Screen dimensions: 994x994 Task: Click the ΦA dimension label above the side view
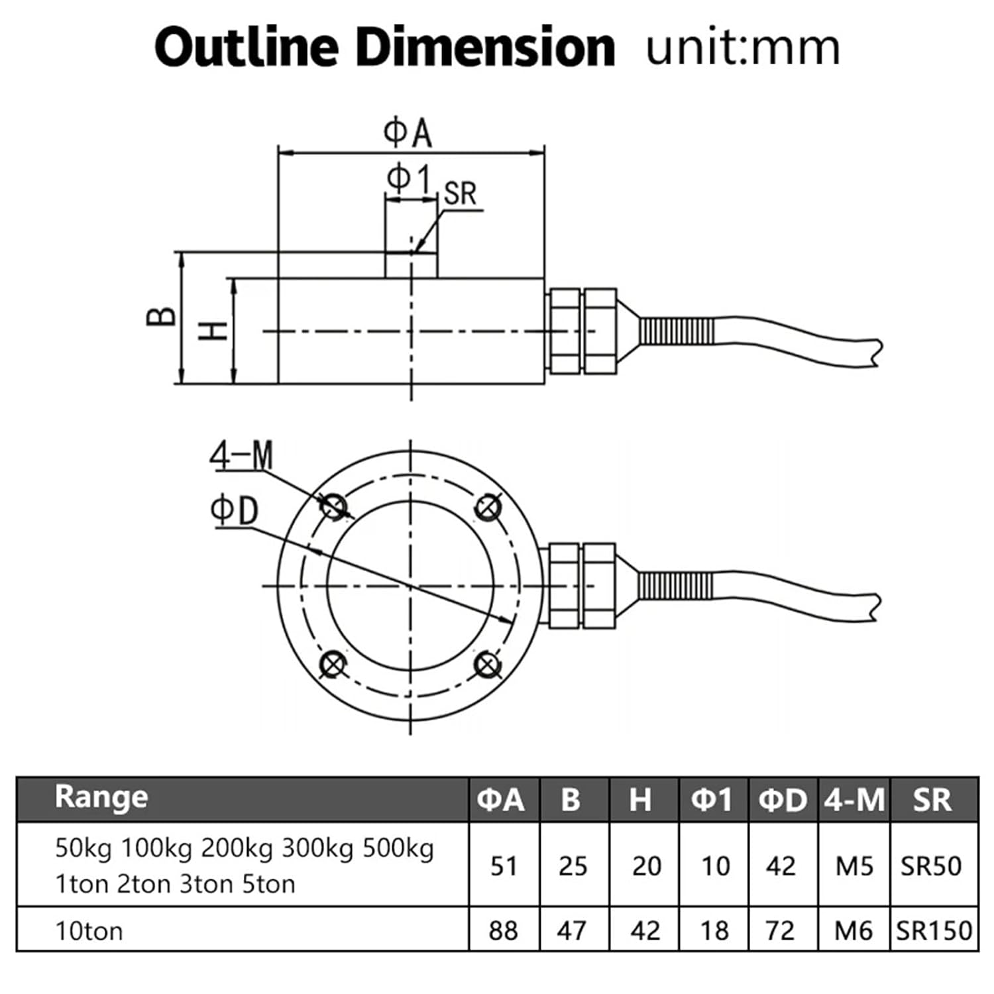coord(408,133)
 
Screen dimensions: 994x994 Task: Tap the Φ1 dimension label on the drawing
coord(409,179)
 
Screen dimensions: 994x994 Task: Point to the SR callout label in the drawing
coord(460,193)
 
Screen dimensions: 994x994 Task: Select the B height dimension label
coord(161,317)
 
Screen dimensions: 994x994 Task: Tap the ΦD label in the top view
coord(234,511)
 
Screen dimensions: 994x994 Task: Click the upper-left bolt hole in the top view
coord(333,508)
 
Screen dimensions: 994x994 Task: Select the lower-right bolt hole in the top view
coord(488,664)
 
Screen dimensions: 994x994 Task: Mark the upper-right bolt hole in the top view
coord(488,508)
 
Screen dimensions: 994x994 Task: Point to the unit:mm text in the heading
coord(743,48)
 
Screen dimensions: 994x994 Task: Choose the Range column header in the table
coord(101,797)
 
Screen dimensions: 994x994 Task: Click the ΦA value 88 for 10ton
coord(504,931)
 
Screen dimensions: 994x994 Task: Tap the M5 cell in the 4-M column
coord(854,866)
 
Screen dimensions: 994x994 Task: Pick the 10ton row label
coord(89,931)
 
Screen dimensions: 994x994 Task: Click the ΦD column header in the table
coord(783,800)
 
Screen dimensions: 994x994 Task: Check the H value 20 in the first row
coord(646,866)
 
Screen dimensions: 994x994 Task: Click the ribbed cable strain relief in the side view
coord(677,330)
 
